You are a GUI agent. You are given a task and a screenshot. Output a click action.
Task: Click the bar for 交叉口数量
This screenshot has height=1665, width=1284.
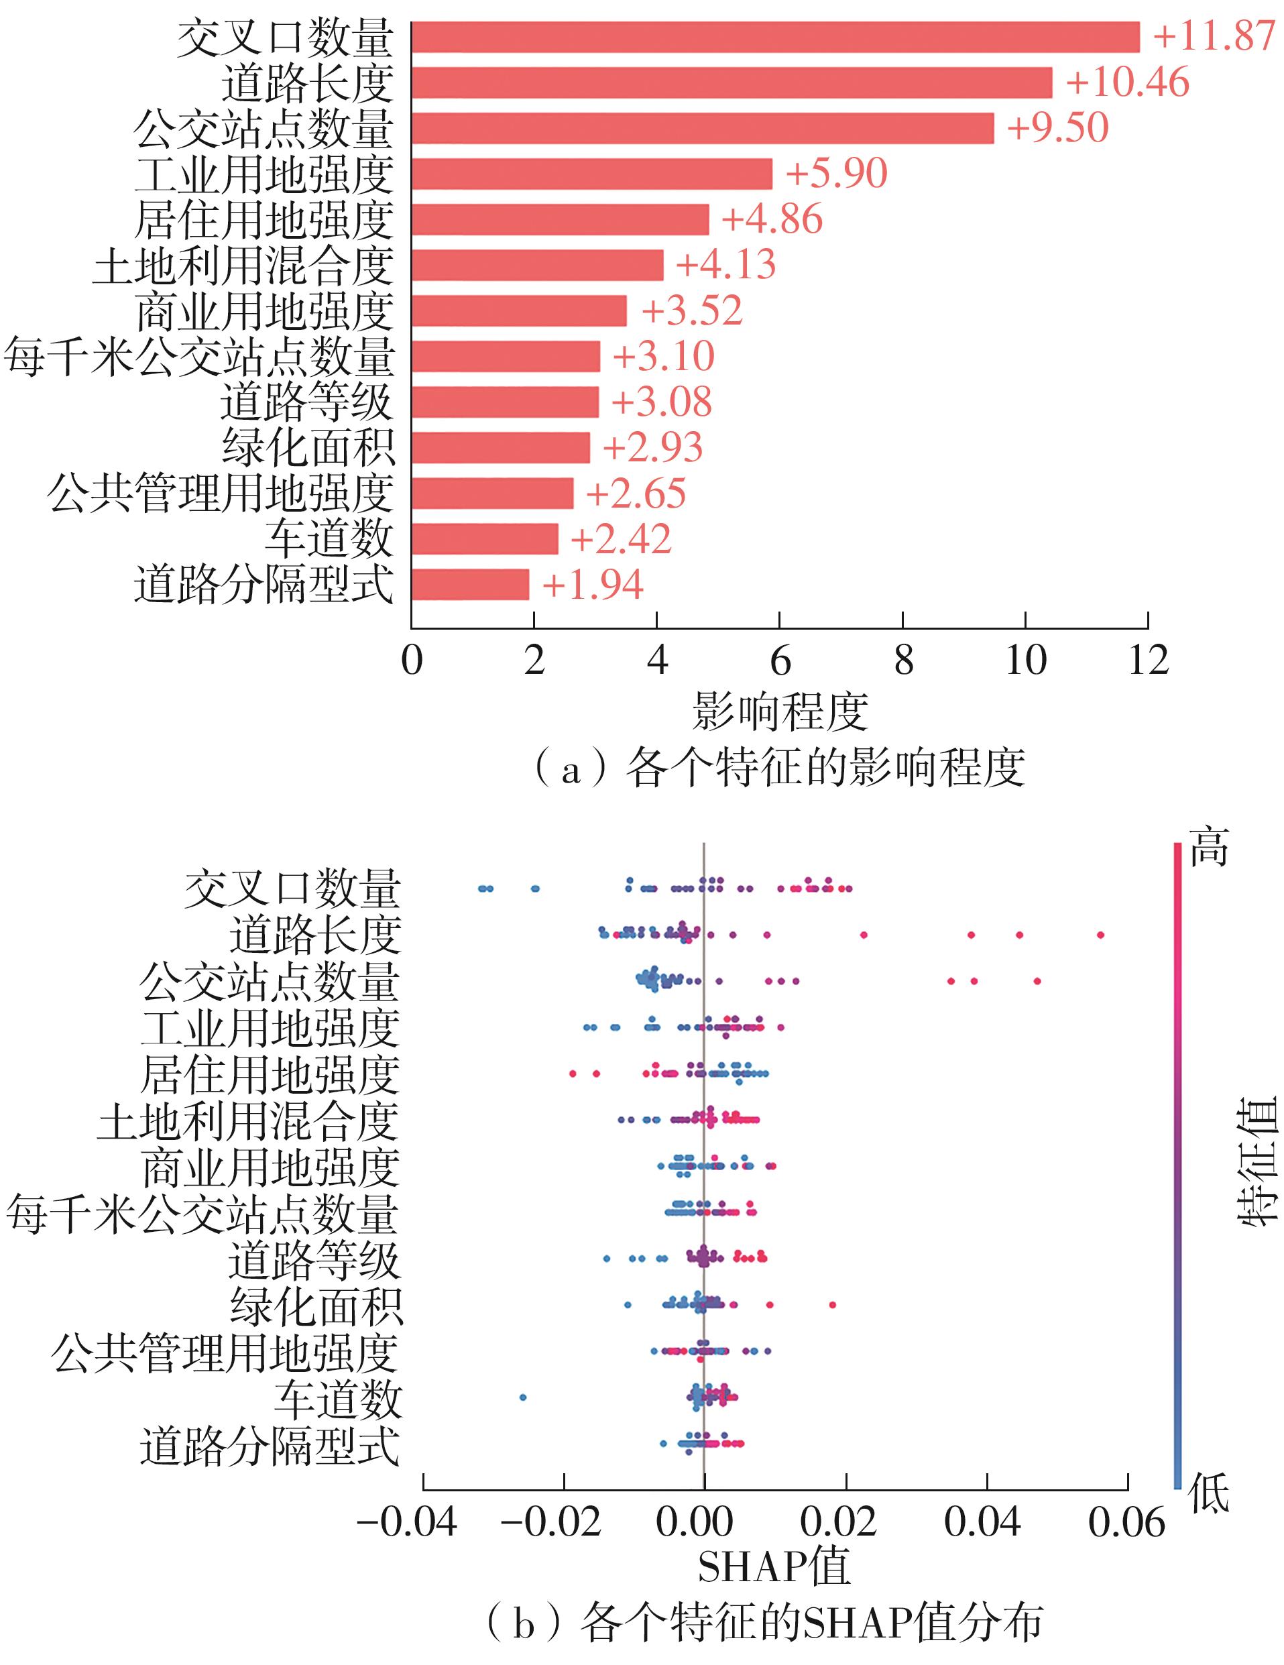click(x=774, y=38)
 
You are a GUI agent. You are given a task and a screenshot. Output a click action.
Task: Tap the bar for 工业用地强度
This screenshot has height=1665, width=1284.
click(x=591, y=174)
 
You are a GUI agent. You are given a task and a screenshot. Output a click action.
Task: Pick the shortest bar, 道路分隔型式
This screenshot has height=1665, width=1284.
click(x=469, y=585)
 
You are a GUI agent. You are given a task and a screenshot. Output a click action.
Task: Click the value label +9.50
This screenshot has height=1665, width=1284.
click(x=1057, y=128)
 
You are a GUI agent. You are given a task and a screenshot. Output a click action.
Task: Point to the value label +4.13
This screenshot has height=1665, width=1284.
click(x=725, y=266)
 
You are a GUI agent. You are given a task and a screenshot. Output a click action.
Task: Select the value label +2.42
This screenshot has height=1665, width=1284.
click(x=621, y=539)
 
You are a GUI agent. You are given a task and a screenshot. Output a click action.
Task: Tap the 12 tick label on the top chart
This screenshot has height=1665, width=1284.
click(x=1147, y=661)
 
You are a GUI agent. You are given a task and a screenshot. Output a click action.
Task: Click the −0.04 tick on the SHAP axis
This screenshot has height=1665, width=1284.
click(x=407, y=1524)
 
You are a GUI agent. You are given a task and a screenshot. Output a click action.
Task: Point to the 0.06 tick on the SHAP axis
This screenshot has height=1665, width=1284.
click(x=1127, y=1524)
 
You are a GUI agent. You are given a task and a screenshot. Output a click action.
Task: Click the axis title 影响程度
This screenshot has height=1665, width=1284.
click(x=779, y=712)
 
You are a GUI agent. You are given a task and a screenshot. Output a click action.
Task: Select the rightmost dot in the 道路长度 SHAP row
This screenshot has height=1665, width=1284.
click(x=1100, y=935)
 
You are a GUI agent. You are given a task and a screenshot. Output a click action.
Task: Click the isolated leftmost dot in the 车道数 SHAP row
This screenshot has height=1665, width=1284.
click(x=523, y=1397)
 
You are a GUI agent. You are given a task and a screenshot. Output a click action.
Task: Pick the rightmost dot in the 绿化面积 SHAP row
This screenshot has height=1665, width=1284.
click(x=832, y=1304)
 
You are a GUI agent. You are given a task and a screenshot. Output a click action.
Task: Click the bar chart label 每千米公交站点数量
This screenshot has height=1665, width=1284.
click(x=200, y=357)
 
